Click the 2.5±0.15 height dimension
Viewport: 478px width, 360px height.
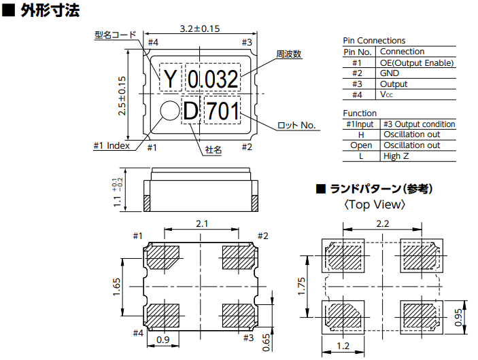pyautogui.click(x=122, y=95)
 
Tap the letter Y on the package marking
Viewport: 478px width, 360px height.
pyautogui.click(x=169, y=80)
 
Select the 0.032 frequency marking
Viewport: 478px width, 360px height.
pyautogui.click(x=212, y=80)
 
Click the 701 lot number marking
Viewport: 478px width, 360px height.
pyautogui.click(x=222, y=111)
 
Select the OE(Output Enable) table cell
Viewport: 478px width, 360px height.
pyautogui.click(x=416, y=63)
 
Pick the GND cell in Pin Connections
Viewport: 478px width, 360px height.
pyautogui.click(x=390, y=73)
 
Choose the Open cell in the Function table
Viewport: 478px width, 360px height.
pyautogui.click(x=361, y=145)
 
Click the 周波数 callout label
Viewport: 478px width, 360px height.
pyautogui.click(x=289, y=54)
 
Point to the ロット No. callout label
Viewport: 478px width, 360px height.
pyautogui.click(x=298, y=125)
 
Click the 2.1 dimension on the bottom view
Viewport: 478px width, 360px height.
pyautogui.click(x=202, y=223)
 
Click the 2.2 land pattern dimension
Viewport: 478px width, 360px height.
pyautogui.click(x=382, y=223)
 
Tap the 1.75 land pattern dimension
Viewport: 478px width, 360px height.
pyautogui.click(x=303, y=287)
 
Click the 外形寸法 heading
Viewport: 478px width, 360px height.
pyautogui.click(x=48, y=11)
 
